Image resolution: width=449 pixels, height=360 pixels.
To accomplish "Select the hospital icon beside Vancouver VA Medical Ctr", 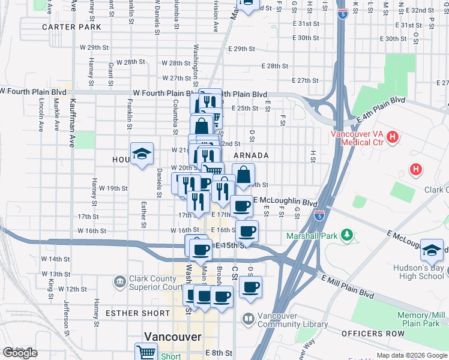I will coord(393,138).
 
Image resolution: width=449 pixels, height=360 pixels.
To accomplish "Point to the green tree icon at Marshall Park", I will coord(346,233).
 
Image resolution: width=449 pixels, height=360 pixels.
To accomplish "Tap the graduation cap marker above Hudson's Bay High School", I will coord(432,250).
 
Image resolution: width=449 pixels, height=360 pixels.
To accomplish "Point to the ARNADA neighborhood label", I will coord(250,155).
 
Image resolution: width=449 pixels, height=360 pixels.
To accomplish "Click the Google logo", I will coord(20,353).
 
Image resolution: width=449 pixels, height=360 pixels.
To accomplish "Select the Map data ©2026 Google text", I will coord(412,355).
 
